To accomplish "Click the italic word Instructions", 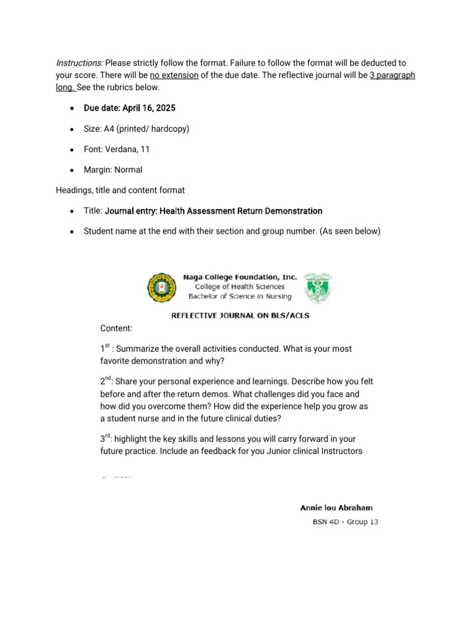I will (x=80, y=63).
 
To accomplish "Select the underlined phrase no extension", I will (x=174, y=75).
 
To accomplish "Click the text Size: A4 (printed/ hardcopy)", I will (x=136, y=129).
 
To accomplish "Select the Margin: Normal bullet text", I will (x=113, y=169).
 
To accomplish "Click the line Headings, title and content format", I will (x=120, y=190).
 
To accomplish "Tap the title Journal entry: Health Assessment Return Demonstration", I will (x=213, y=211).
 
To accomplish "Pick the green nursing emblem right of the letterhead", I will (x=318, y=287).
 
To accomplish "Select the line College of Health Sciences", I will (x=240, y=286).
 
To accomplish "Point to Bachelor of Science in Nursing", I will (x=240, y=295).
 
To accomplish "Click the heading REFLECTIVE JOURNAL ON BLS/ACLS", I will (x=240, y=315).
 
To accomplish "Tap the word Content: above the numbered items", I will (x=116, y=328).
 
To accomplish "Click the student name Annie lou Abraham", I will (x=336, y=508).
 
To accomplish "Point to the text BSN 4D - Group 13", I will (x=344, y=522).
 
